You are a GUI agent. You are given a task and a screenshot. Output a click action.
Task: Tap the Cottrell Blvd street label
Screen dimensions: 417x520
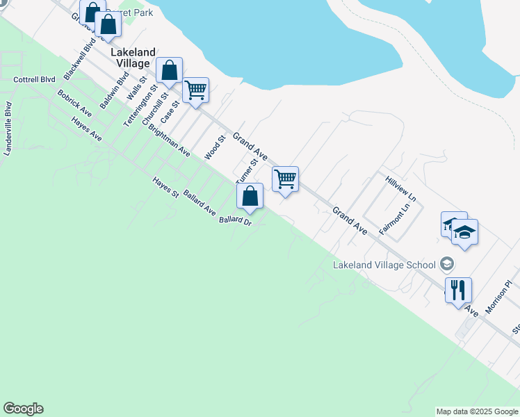34,80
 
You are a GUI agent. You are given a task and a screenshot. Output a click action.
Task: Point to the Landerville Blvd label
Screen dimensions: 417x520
8,129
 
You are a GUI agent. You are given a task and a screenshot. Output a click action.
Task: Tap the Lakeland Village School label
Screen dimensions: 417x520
384,264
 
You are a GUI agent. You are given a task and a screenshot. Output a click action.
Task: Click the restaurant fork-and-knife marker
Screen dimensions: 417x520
458,289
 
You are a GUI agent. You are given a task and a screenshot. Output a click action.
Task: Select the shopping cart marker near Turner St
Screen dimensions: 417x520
285,179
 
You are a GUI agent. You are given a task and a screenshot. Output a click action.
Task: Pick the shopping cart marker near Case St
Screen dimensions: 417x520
195,90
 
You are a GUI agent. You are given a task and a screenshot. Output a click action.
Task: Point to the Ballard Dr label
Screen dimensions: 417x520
234,221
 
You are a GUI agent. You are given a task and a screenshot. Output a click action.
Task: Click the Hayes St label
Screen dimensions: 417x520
166,188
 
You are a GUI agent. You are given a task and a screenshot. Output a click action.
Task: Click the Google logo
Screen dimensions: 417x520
23,409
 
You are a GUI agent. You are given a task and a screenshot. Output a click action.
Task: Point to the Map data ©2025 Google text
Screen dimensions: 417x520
476,411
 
